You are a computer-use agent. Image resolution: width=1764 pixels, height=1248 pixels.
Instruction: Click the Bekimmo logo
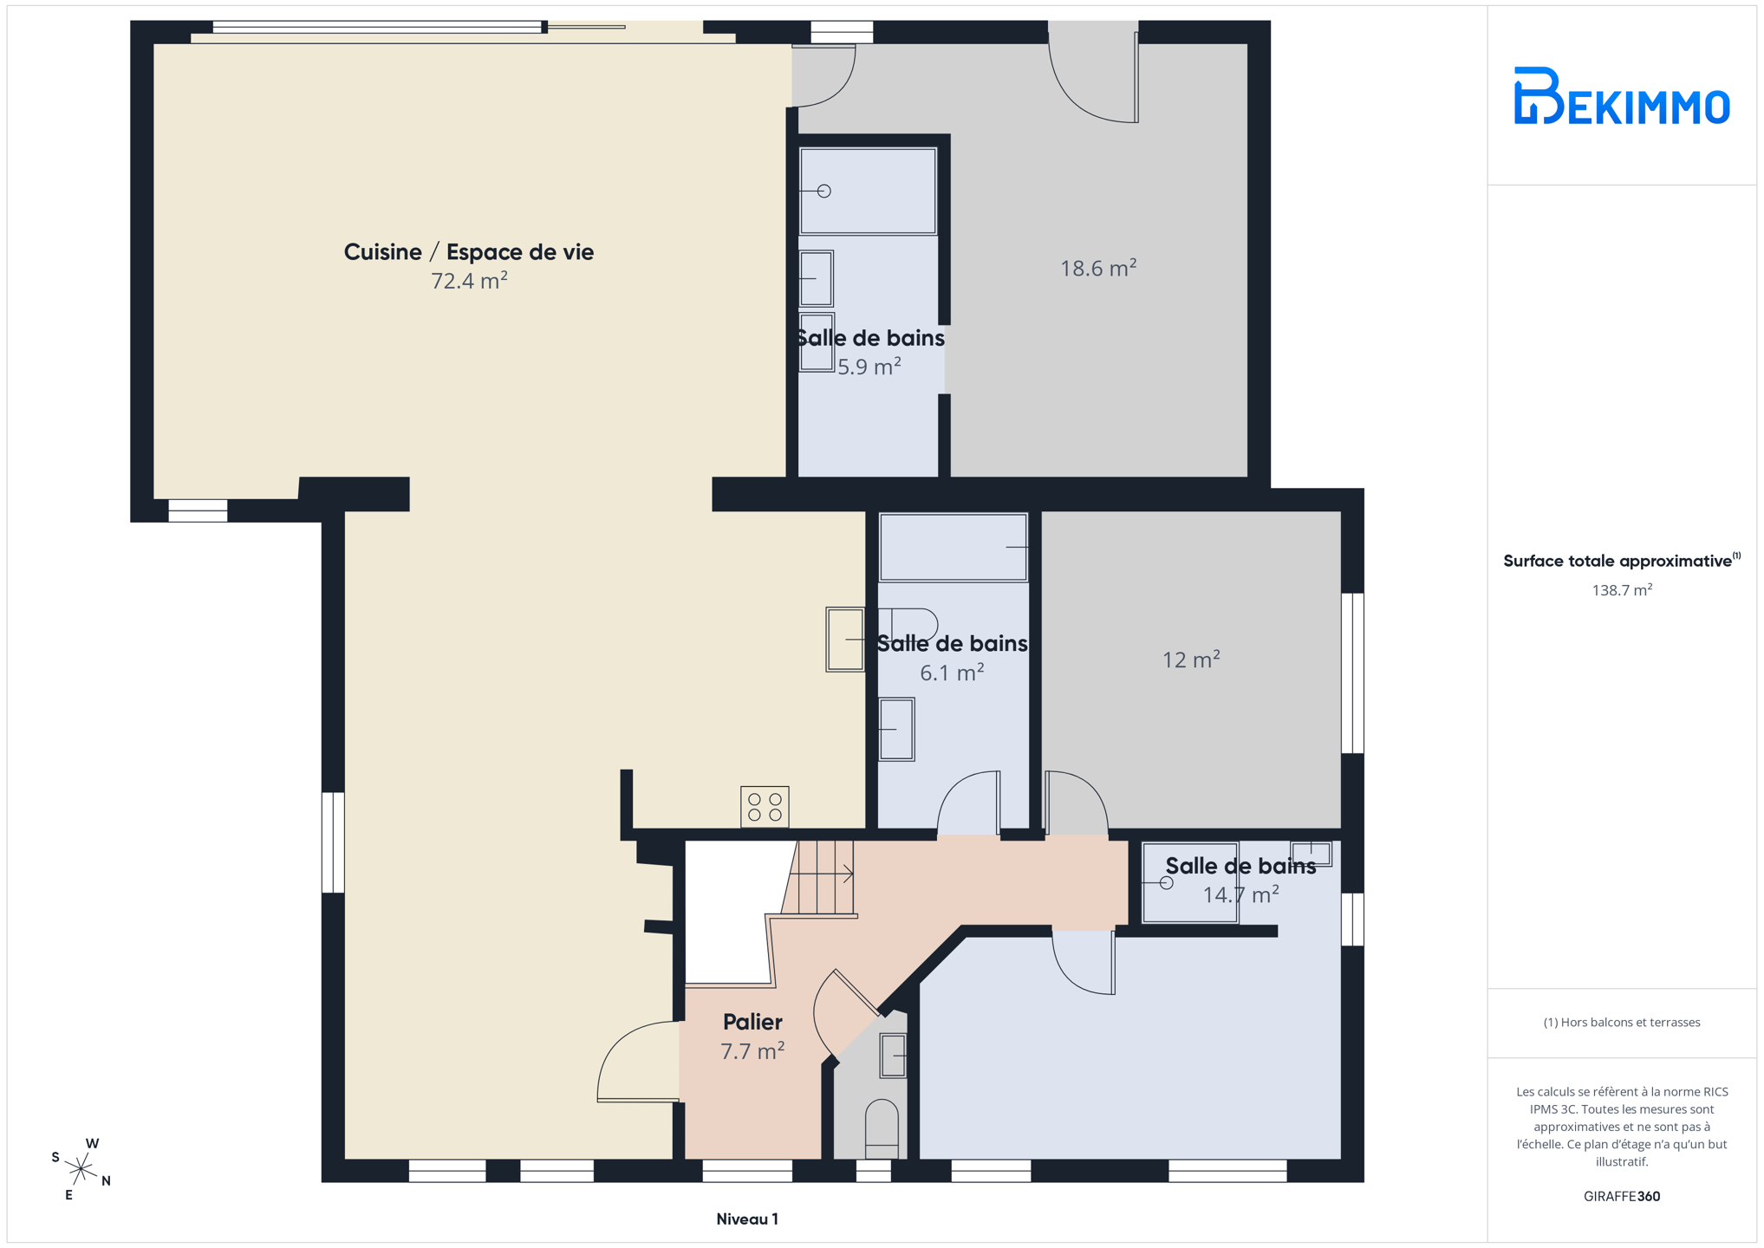click(1621, 95)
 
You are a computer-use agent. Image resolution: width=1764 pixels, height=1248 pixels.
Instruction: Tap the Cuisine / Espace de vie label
click(469, 252)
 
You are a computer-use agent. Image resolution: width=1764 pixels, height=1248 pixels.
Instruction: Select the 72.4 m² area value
click(469, 281)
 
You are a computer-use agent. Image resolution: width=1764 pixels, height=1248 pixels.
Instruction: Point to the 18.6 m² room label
click(1098, 268)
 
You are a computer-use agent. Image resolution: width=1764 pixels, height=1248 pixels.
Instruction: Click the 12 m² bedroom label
click(1191, 660)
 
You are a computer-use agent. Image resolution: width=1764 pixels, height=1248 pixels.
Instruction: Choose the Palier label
click(752, 1022)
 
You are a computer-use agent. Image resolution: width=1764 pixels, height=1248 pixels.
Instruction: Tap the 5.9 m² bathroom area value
click(869, 367)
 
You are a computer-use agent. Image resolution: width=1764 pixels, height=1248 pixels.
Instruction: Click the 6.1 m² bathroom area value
click(952, 673)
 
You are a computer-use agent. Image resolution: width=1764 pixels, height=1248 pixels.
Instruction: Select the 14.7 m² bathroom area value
click(1240, 894)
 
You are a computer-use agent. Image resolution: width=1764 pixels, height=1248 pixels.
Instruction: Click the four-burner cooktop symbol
click(765, 807)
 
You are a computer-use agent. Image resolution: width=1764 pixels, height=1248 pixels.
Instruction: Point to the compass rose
click(81, 1169)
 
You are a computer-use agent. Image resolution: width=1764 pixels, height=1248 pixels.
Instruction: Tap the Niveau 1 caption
click(747, 1219)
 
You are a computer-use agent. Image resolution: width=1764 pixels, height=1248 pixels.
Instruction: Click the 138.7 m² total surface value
click(1622, 590)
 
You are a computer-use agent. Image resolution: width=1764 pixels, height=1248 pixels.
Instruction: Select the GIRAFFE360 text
click(1622, 1196)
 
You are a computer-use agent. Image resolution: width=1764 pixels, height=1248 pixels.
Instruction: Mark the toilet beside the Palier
click(882, 1128)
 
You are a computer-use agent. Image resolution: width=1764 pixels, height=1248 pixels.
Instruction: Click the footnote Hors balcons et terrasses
click(1622, 1023)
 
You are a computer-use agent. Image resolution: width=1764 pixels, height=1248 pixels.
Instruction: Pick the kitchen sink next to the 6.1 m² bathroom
click(845, 640)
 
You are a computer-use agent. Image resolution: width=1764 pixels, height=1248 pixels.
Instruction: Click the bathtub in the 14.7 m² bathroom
click(1189, 883)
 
